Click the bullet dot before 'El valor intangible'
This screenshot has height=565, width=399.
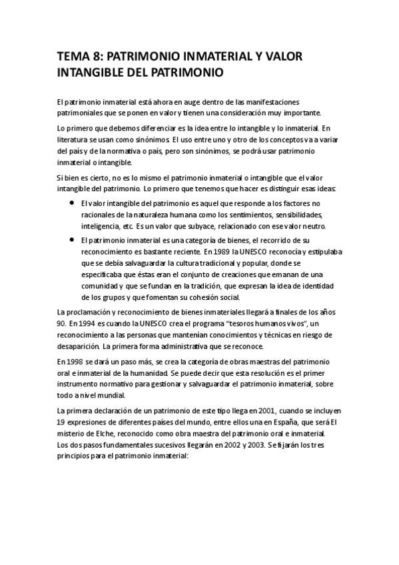point(71,202)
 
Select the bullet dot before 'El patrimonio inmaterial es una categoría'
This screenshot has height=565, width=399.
point(71,239)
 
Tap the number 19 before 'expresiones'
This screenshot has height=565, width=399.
point(61,421)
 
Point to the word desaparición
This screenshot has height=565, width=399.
point(79,346)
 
